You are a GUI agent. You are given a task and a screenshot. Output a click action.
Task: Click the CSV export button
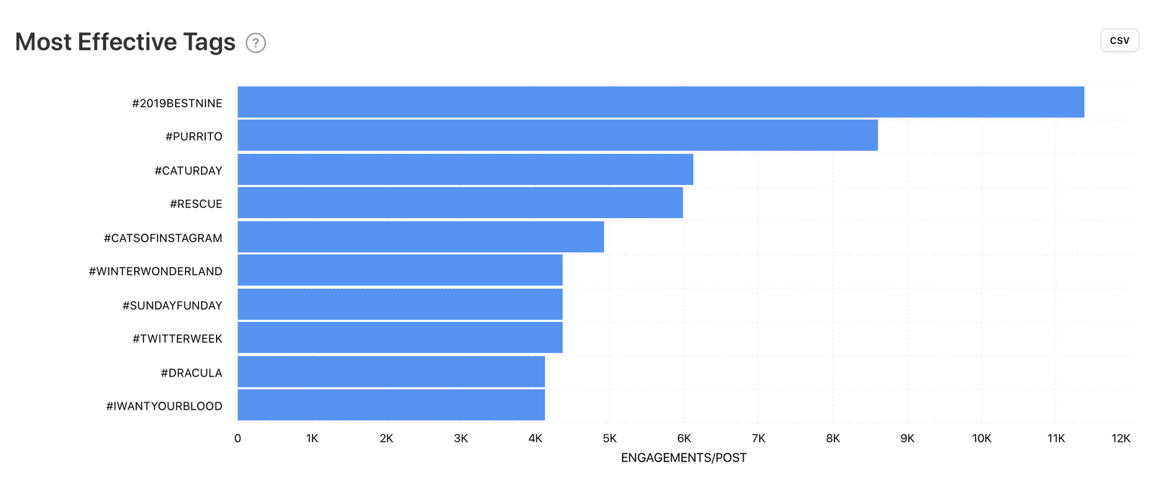point(1119,40)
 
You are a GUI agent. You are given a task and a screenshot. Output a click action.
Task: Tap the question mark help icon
point(256,43)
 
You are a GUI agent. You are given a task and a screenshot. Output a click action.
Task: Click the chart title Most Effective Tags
point(125,42)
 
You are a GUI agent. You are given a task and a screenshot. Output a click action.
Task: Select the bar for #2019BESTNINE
point(660,102)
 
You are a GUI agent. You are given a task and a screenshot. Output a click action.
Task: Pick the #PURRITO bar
point(557,135)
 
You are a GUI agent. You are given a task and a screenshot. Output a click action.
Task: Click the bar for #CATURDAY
point(465,169)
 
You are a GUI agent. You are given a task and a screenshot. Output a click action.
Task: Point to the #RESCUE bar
point(460,203)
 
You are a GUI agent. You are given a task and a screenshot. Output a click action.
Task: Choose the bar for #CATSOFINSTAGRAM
point(420,237)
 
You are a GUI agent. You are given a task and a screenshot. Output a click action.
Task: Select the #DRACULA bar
point(391,371)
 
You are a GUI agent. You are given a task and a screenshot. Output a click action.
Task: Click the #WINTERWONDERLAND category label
point(156,271)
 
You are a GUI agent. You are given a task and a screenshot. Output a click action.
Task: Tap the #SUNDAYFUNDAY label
point(172,305)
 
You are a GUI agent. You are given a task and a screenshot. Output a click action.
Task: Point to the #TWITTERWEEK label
point(177,338)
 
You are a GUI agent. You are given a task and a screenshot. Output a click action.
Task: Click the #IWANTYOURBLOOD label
point(164,406)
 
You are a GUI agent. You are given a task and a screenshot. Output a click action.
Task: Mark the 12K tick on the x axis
point(1121,438)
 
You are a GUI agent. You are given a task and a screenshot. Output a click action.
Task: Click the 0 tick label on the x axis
point(238,438)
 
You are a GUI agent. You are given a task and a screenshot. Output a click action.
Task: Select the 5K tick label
point(610,438)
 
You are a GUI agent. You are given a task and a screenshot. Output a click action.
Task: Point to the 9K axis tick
point(907,438)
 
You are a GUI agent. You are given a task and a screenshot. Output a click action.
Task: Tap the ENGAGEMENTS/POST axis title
point(683,458)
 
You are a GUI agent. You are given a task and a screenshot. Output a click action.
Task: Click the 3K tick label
point(461,438)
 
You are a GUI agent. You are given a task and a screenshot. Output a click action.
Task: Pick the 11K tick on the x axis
point(1056,438)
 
